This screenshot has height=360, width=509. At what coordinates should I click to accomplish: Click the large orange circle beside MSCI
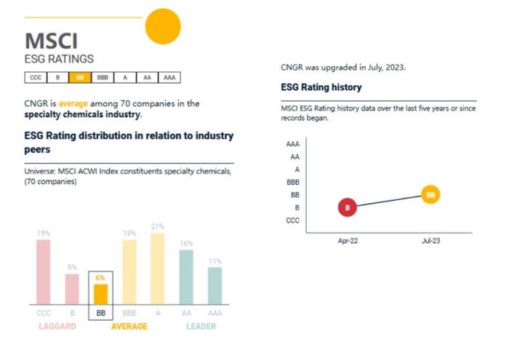tap(163, 27)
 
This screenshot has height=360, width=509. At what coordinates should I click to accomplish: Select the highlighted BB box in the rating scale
tap(79, 77)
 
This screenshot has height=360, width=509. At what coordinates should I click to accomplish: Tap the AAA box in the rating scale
tap(169, 77)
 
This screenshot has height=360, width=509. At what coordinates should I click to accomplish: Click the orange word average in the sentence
tap(73, 103)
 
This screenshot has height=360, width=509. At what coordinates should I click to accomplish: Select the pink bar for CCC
tap(44, 271)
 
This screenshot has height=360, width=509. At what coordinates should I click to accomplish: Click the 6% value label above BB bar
tap(100, 278)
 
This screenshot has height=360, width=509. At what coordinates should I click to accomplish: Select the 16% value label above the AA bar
tap(186, 244)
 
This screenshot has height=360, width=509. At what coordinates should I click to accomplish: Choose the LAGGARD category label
tap(57, 327)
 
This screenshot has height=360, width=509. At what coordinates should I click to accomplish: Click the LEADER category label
tap(201, 327)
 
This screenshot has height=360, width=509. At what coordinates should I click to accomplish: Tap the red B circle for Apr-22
tap(348, 208)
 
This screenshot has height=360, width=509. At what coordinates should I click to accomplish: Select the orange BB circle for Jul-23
tap(430, 195)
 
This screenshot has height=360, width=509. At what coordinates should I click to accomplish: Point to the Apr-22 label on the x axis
tap(348, 239)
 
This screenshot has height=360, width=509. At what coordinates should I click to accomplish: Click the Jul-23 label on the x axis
tap(430, 239)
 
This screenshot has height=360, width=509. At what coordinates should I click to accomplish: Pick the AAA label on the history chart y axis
tap(293, 144)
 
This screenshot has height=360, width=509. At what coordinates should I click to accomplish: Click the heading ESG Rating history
tap(321, 87)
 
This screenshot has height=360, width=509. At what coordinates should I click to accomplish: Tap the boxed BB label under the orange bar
tap(100, 313)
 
